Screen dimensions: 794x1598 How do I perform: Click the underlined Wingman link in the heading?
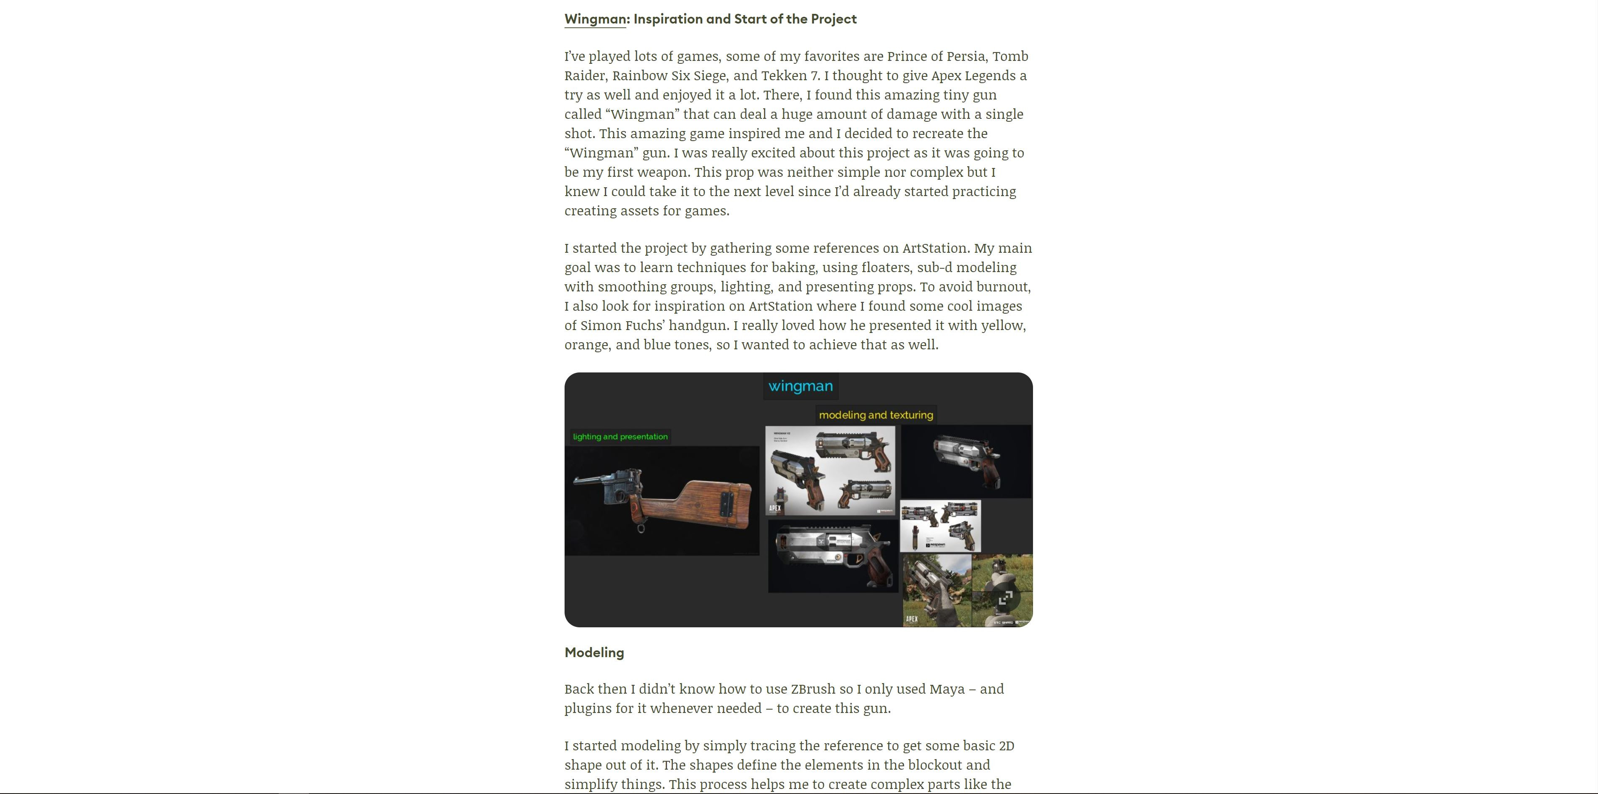[x=595, y=19]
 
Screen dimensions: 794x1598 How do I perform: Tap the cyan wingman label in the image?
[x=800, y=386]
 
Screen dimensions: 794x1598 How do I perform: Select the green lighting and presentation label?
[x=620, y=437]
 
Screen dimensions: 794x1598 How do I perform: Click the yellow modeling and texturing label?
[x=875, y=415]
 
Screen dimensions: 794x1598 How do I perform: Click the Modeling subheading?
[x=594, y=652]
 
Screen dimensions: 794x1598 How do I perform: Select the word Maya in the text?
[x=947, y=689]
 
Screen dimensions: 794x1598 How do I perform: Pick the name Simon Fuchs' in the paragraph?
[x=622, y=326]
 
